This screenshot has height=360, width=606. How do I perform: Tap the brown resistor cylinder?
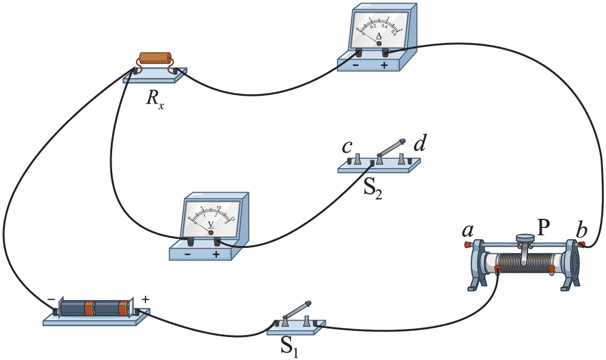pos(156,58)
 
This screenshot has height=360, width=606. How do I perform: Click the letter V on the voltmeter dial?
pos(210,224)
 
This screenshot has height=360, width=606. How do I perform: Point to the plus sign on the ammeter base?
pos(384,64)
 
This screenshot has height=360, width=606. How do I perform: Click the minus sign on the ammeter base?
pos(356,64)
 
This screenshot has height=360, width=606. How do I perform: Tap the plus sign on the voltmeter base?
pos(216,255)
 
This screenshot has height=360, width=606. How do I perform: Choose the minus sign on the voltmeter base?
pos(188,255)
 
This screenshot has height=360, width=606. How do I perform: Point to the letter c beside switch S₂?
pos(346,147)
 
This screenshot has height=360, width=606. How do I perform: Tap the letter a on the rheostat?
pos(467,231)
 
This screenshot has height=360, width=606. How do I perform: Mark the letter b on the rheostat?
pos(581,231)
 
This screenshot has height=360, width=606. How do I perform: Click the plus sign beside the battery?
pos(145,299)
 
